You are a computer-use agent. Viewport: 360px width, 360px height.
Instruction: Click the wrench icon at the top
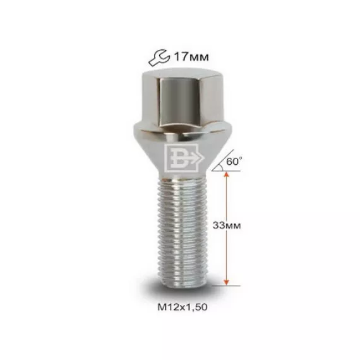159,58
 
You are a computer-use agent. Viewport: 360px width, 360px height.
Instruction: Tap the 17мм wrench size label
191,57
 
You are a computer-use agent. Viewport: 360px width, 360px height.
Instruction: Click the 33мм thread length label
227,225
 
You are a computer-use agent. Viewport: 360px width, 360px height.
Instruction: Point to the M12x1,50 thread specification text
183,307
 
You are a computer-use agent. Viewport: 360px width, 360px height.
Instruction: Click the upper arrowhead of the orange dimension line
226,175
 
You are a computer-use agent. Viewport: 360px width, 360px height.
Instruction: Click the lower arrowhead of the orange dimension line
226,282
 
